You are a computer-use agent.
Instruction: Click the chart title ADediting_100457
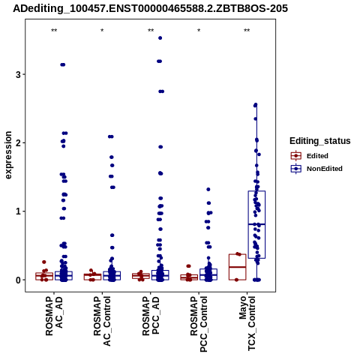(150, 9)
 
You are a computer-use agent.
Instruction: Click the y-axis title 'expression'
(8, 155)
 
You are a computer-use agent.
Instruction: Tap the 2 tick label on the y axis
(18, 143)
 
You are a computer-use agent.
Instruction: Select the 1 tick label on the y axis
(18, 211)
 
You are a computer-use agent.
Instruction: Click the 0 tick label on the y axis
(18, 280)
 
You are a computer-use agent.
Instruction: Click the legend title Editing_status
(320, 141)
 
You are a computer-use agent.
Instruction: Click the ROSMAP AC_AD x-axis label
(54, 316)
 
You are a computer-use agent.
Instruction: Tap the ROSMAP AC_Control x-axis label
(102, 321)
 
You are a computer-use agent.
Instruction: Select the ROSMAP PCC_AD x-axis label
(151, 316)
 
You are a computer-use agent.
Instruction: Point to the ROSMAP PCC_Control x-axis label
(199, 324)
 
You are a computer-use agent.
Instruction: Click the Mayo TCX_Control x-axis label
(247, 324)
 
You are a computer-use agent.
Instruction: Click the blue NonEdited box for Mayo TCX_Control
(256, 224)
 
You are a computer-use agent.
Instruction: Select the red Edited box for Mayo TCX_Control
(238, 267)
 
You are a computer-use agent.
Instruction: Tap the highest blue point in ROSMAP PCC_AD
(160, 38)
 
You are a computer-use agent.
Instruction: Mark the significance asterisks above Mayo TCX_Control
(247, 31)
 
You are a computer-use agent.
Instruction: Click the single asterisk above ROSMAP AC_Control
(102, 31)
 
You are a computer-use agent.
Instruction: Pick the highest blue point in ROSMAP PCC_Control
(208, 190)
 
